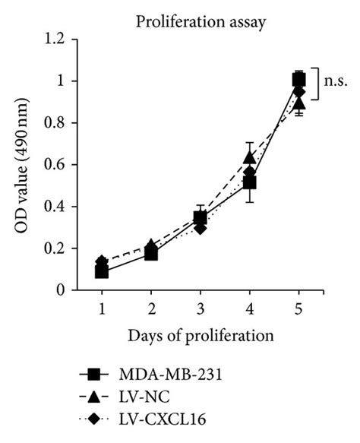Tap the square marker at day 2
click(x=151, y=253)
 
